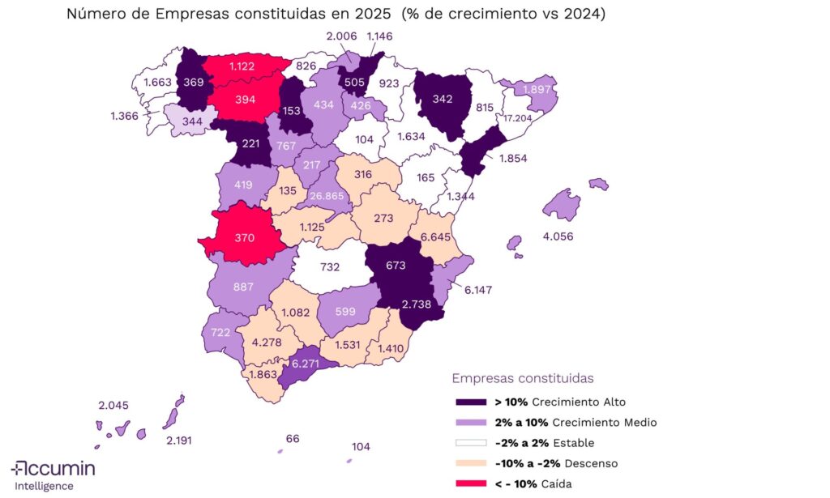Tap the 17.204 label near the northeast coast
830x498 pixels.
(x=519, y=117)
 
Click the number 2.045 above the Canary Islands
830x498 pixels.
(x=113, y=406)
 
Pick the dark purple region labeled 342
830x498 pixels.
(x=443, y=100)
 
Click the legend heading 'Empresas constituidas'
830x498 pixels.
(x=523, y=378)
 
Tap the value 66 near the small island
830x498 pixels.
(x=293, y=438)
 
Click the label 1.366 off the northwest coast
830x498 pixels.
(x=126, y=117)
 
